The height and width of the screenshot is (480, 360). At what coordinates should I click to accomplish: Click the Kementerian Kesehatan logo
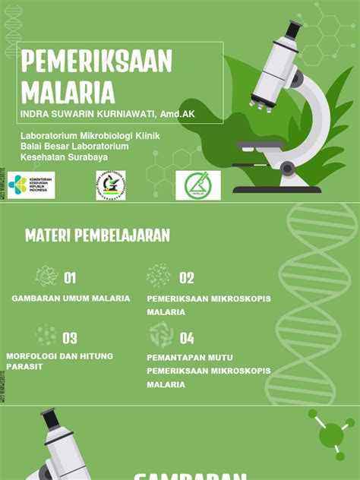coord(31,185)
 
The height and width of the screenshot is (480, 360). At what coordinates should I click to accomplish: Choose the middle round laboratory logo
coord(111,185)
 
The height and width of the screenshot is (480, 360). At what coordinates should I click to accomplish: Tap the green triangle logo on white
coord(197,185)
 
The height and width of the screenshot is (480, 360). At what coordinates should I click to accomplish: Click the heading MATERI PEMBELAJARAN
coord(97,235)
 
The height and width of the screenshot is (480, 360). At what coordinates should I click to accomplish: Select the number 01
coord(70,278)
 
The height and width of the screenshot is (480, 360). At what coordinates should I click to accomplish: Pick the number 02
coord(187,278)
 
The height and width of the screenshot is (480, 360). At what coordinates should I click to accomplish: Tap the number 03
coord(70,338)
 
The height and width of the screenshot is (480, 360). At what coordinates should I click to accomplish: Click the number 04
coord(187,338)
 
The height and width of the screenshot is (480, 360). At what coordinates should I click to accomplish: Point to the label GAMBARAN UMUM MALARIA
coord(71,298)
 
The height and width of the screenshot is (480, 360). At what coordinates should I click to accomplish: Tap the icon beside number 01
coord(46,276)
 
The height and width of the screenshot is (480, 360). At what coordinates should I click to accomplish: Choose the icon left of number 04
coord(160,335)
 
